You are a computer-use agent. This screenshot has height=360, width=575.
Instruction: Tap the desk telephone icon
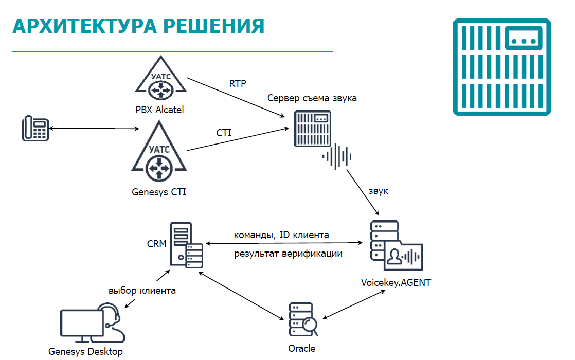[x=35, y=129]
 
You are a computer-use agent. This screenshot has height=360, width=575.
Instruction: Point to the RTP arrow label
[x=238, y=83]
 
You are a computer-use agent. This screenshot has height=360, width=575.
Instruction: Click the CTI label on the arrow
[x=224, y=133]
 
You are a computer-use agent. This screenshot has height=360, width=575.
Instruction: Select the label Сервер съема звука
[x=312, y=98]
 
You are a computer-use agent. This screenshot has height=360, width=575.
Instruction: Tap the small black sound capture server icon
[x=312, y=128]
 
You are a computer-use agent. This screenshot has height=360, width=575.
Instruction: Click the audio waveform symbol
[x=337, y=156]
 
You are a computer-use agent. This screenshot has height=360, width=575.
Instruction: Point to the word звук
[x=378, y=191]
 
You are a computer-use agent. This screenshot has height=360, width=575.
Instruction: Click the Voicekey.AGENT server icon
[x=396, y=245]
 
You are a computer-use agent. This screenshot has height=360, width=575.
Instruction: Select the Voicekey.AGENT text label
[x=396, y=282]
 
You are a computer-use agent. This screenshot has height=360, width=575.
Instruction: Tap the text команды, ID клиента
[x=281, y=235]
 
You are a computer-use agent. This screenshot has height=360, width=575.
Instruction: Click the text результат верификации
[x=289, y=254]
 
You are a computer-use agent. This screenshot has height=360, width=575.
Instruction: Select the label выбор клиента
[x=142, y=291]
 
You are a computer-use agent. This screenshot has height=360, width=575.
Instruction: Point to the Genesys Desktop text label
[x=85, y=352]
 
